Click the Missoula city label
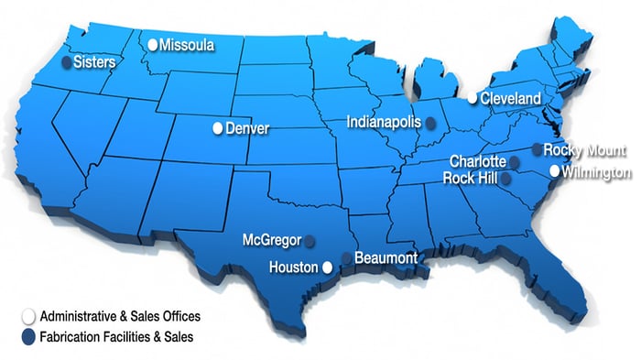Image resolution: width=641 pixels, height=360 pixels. tap(188, 44)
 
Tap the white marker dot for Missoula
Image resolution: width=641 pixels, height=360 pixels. tap(153, 44)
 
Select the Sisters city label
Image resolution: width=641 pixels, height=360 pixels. tap(95, 62)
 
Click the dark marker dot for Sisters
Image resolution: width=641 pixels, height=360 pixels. tap(66, 62)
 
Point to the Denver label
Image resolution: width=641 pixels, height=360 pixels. tap(247, 128)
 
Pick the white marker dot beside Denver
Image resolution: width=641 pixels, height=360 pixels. tap(218, 128)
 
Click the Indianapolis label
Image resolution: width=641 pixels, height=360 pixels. tap(384, 121)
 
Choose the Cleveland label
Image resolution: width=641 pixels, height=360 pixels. tap(512, 98)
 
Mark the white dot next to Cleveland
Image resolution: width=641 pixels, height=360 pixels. tap(473, 98)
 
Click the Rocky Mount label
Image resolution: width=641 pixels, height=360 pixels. tap(584, 149)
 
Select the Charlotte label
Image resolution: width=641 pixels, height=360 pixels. tap(478, 162)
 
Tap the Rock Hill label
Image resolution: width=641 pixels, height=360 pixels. tap(471, 178)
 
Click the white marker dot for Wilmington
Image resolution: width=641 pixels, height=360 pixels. tap(554, 171)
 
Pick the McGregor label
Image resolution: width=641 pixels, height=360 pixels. tap(272, 240)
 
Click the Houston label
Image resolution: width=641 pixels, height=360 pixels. tap(294, 267)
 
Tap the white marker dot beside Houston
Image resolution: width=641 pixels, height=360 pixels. tap(327, 267)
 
